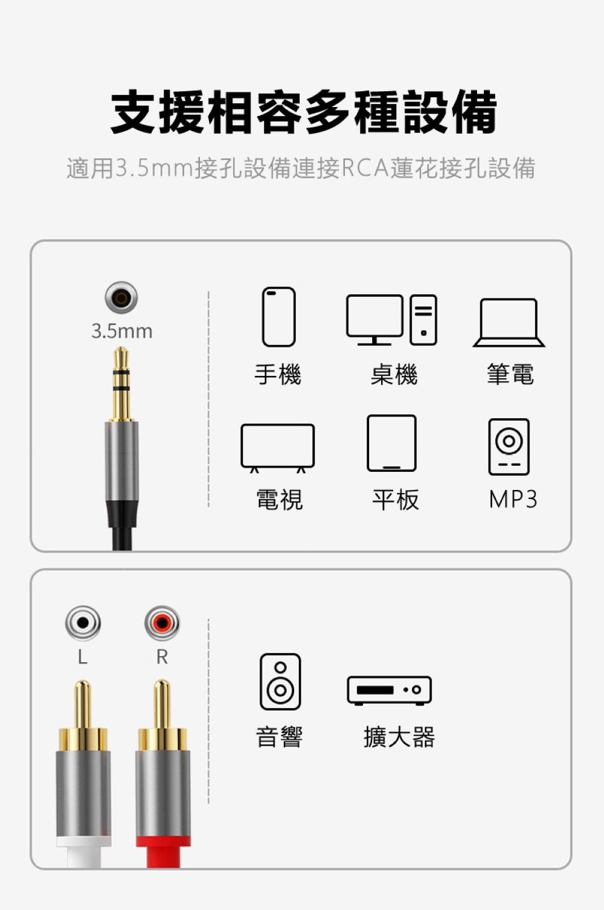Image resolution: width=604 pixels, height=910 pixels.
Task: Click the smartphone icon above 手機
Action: [x=278, y=317]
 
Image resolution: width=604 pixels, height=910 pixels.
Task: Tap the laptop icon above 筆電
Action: [x=509, y=323]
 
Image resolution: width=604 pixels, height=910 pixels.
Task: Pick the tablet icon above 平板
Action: [x=391, y=444]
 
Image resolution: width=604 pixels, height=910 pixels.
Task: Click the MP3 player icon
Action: [x=509, y=447]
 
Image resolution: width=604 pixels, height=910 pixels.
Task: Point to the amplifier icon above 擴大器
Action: [x=389, y=691]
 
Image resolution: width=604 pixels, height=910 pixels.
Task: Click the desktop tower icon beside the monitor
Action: [x=423, y=320]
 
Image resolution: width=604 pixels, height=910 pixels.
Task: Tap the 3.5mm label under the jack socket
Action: [x=122, y=332]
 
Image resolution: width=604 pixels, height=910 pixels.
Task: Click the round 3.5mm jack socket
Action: [x=121, y=297]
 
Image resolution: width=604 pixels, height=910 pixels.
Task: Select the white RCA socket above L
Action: [x=83, y=623]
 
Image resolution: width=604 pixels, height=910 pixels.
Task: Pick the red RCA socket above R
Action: [x=162, y=623]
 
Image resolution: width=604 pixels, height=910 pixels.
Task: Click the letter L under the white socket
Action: [x=83, y=657]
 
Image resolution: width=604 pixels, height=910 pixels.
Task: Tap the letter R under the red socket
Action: [x=162, y=657]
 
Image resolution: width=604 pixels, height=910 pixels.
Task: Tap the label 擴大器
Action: [x=399, y=737]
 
